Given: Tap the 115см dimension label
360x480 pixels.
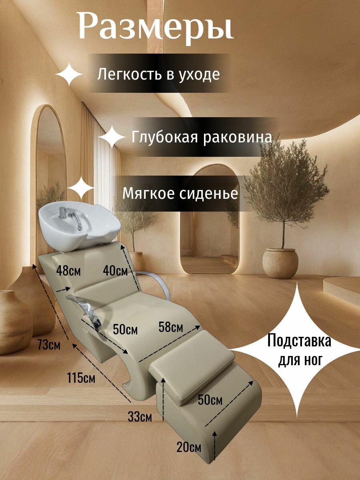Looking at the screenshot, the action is [x=81, y=377].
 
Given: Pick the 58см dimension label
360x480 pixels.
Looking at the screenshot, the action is [x=171, y=327].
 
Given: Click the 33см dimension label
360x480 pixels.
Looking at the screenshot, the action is [x=140, y=417].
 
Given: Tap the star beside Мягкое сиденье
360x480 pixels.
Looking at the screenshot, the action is [x=81, y=188].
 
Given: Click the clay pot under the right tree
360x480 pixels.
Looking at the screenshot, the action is [x=280, y=263].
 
